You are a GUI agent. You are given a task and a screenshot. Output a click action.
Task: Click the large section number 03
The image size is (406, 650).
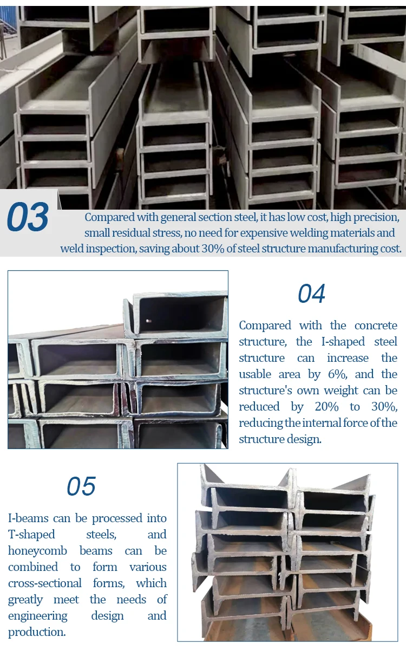(x=28, y=217)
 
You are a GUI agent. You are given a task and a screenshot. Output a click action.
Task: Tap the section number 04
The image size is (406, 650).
(x=311, y=294)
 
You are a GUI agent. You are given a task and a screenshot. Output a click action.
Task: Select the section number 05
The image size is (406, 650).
(x=81, y=486)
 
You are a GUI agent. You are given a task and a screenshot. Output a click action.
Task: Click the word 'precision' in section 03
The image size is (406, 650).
(x=376, y=217)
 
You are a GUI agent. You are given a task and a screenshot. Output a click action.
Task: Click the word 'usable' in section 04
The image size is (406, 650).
(x=258, y=374)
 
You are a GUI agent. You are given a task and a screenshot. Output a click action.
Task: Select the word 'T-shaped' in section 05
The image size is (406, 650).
(x=31, y=535)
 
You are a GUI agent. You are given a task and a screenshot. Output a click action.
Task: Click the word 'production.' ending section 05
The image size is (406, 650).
(x=37, y=632)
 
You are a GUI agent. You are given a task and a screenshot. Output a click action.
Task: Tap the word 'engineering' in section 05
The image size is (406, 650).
(x=38, y=616)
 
